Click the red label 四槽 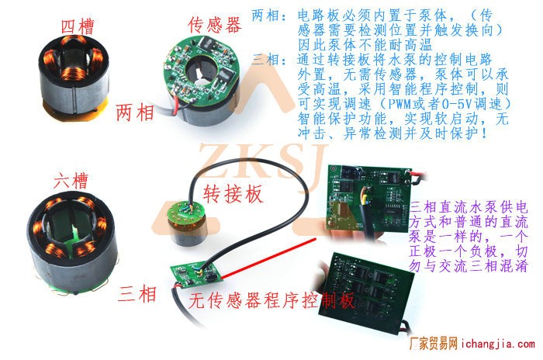point(78,26)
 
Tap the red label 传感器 point(215,25)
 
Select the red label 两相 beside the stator point(135,112)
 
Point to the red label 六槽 point(71,181)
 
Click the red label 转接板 point(233,193)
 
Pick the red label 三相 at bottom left point(137,294)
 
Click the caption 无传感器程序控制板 point(271,300)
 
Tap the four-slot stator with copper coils point(74,78)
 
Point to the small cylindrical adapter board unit point(187,223)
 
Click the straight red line point(268,258)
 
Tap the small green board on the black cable point(195,275)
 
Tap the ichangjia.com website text point(498,344)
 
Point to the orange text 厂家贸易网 point(434,344)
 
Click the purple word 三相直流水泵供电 point(469,207)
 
